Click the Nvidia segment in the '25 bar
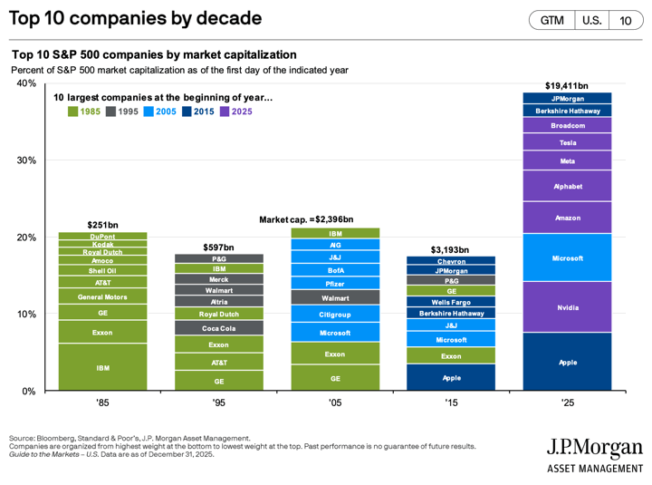568,307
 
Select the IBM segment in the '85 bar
102,368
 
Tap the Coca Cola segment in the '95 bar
218,328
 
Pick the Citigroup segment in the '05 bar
335,315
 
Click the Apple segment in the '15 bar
451,377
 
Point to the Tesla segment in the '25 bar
568,142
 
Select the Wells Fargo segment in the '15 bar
451,301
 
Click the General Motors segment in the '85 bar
102,296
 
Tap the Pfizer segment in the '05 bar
335,283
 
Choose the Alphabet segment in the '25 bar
568,186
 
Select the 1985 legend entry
84,112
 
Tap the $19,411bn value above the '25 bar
568,85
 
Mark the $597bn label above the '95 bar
218,247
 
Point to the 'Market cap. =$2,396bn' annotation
306,219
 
